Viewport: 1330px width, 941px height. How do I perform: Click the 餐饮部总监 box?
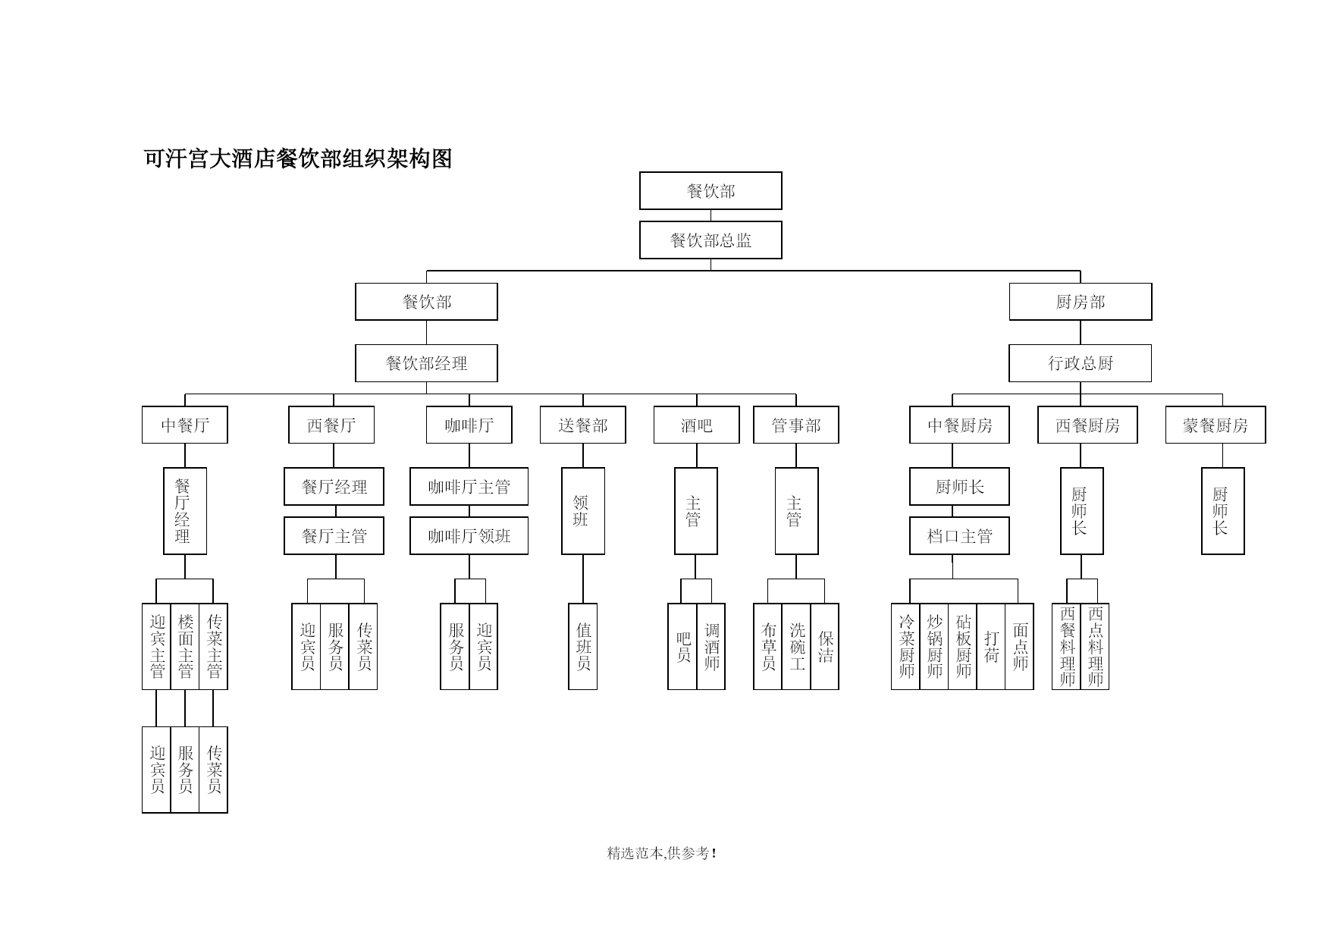tap(710, 240)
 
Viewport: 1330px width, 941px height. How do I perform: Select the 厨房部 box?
tap(1081, 302)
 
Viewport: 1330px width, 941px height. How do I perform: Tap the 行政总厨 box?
tap(1081, 363)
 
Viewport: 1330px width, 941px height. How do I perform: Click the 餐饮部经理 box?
tap(426, 363)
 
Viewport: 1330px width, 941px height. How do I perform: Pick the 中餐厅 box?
tap(185, 425)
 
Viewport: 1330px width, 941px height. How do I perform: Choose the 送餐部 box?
tap(583, 425)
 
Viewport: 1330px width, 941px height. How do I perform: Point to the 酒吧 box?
tap(697, 425)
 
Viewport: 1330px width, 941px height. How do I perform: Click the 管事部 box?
tap(796, 425)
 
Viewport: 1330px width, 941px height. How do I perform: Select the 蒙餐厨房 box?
tap(1216, 425)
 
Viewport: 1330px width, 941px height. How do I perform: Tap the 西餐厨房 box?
tap(1087, 425)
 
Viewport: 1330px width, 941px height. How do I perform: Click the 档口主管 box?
tap(959, 536)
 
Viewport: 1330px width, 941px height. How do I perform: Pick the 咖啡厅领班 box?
tap(469, 536)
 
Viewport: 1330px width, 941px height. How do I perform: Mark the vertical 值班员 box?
tap(583, 647)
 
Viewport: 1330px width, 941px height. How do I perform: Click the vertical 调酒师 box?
tap(711, 647)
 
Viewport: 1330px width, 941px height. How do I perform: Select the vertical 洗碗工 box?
tap(796, 647)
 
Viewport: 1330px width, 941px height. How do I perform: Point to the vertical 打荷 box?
tap(991, 647)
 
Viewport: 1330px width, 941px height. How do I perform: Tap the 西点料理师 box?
tap(1095, 647)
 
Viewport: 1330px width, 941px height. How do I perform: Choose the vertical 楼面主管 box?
tap(185, 647)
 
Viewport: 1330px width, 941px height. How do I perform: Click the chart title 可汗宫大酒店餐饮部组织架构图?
tap(298, 158)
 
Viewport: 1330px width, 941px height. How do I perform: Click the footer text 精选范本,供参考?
tap(662, 853)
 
